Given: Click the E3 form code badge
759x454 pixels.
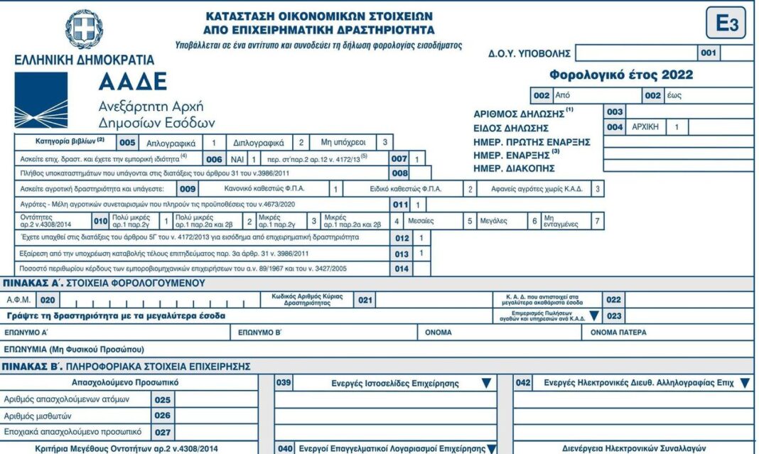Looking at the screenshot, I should pyautogui.click(x=726, y=24).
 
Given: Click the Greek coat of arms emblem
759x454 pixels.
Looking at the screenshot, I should pyautogui.click(x=85, y=29).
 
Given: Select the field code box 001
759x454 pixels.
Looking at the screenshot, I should pyautogui.click(x=709, y=53).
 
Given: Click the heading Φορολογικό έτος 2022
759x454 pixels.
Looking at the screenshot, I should pyautogui.click(x=621, y=75).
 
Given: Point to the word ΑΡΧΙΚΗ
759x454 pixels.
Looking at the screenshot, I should pyautogui.click(x=645, y=127).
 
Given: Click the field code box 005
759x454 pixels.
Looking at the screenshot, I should pyautogui.click(x=127, y=142).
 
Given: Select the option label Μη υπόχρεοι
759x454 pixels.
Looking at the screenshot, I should pyautogui.click(x=341, y=142).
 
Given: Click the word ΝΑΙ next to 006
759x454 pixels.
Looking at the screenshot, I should pyautogui.click(x=237, y=158).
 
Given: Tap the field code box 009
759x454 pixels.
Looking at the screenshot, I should pyautogui.click(x=188, y=189).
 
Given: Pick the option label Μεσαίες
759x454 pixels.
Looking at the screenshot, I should pyautogui.click(x=421, y=221).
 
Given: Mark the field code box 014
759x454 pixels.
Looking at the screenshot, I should pyautogui.click(x=402, y=269).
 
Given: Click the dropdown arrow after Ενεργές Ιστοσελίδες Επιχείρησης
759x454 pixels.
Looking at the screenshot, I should pyautogui.click(x=486, y=383).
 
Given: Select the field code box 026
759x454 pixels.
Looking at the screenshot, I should pyautogui.click(x=162, y=416).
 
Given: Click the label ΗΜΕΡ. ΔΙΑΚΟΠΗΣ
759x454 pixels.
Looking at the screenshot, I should pyautogui.click(x=515, y=168).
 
